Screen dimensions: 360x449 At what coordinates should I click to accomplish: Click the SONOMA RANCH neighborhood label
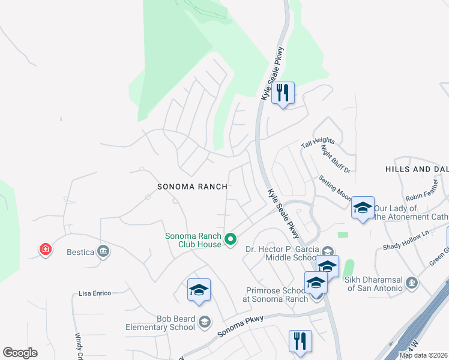pyautogui.click(x=192, y=187)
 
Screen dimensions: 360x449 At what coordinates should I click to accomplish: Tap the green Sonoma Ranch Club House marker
pyautogui.click(x=230, y=240)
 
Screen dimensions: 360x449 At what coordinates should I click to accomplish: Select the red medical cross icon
pyautogui.click(x=45, y=249)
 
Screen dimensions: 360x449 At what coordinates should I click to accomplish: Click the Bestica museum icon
pyautogui.click(x=103, y=251)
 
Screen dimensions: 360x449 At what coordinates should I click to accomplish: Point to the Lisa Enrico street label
pyautogui.click(x=95, y=293)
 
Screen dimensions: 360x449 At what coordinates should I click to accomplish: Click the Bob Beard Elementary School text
pyautogui.click(x=160, y=323)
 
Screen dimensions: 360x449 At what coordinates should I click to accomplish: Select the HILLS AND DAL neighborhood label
pyautogui.click(x=417, y=170)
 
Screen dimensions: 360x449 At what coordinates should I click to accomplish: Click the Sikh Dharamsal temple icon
pyautogui.click(x=411, y=282)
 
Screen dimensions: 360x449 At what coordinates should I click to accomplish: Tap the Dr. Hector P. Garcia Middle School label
pyautogui.click(x=282, y=253)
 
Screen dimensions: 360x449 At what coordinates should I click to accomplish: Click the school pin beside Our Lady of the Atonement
pyautogui.click(x=363, y=208)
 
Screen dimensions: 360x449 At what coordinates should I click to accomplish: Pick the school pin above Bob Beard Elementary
pyautogui.click(x=199, y=290)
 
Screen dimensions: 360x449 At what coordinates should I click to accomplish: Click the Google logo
pyautogui.click(x=20, y=353)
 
